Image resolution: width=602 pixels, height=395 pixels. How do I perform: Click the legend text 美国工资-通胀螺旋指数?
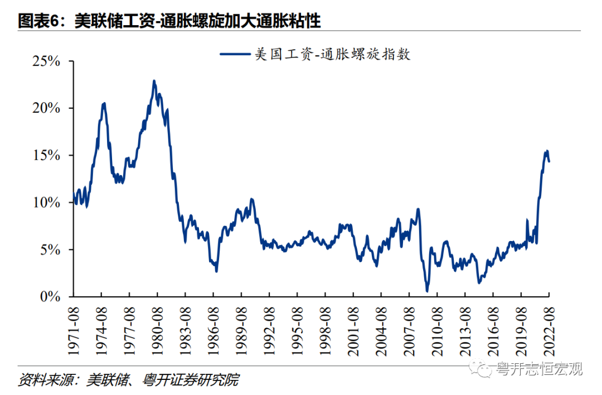(332, 54)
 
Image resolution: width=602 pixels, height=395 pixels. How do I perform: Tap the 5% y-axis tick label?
(50, 249)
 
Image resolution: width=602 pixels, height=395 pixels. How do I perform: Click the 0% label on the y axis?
(50, 296)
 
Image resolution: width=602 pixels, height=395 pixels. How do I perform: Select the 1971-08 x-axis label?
(74, 327)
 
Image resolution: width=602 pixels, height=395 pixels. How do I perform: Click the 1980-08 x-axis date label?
(157, 327)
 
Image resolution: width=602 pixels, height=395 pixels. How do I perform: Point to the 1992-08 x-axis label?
(269, 327)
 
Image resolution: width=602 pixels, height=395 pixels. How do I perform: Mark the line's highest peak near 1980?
(154, 81)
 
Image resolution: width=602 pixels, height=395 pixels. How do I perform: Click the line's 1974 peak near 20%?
(104, 103)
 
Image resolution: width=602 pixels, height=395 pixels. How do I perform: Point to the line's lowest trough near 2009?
(427, 291)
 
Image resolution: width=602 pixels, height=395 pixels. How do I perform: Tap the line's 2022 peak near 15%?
(547, 151)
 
